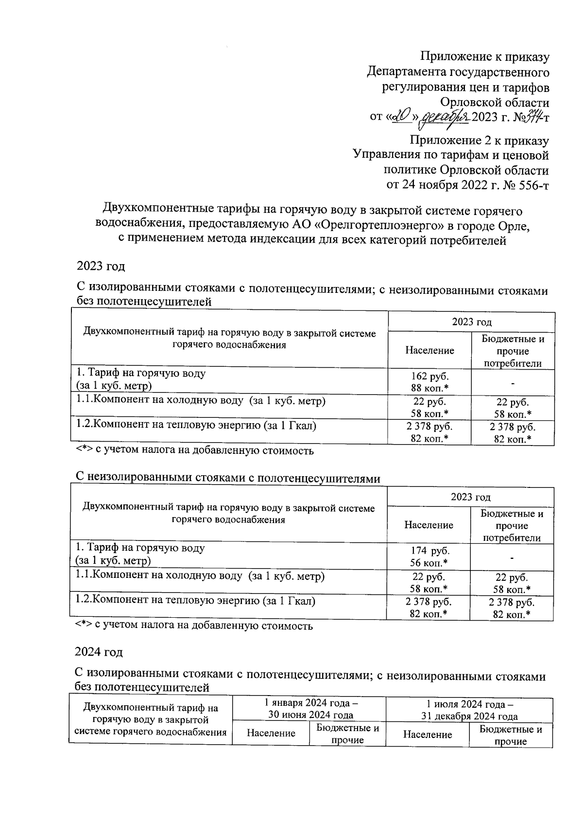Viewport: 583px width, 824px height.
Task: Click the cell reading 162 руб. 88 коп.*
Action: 429,382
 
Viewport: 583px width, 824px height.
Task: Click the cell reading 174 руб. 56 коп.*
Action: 429,556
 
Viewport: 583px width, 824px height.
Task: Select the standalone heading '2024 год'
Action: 99,651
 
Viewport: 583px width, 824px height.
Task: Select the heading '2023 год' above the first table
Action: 101,266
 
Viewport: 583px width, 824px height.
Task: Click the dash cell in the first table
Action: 513,383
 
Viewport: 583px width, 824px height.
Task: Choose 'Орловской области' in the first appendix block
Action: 495,103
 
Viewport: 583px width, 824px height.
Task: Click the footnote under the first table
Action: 195,450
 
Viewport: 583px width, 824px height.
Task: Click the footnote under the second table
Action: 194,626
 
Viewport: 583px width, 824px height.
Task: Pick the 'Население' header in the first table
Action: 429,350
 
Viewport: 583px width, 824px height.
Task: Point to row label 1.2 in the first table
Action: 196,425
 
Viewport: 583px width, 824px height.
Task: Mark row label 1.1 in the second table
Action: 200,576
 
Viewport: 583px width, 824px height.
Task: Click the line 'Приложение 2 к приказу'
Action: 479,141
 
